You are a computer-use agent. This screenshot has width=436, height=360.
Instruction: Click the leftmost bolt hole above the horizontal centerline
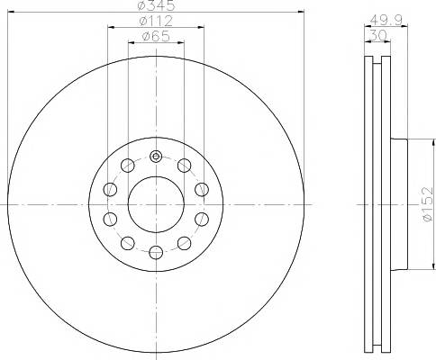(110, 189)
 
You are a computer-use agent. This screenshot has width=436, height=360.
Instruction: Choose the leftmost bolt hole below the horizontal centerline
(110, 219)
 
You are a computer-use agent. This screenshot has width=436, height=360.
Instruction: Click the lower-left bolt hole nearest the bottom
(127, 242)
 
